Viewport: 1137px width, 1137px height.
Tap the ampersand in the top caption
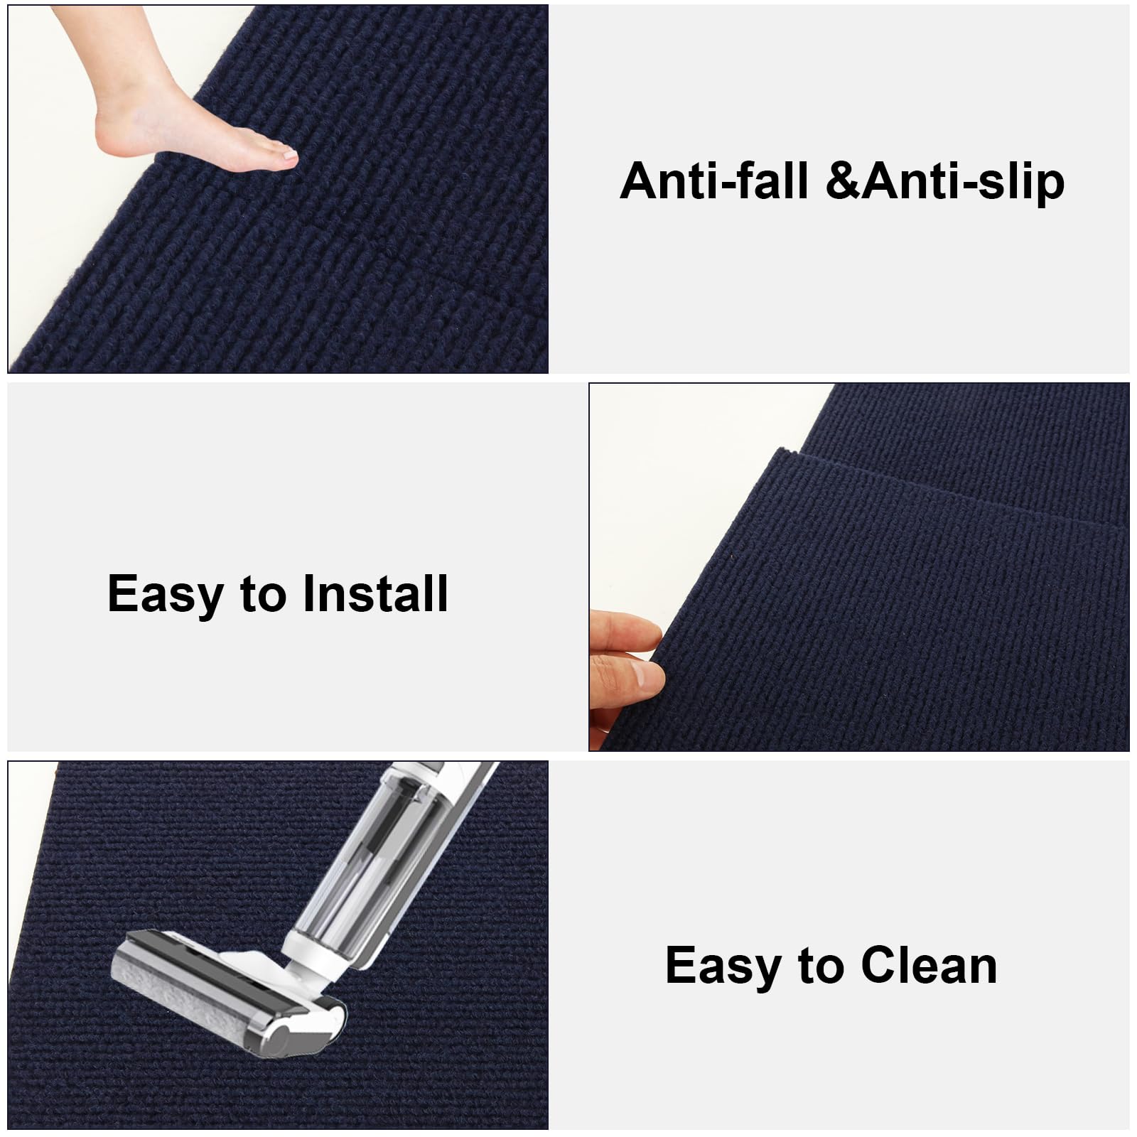point(844,181)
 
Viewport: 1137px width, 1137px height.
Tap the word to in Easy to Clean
point(819,967)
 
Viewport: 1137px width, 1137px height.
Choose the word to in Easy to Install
point(262,596)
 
